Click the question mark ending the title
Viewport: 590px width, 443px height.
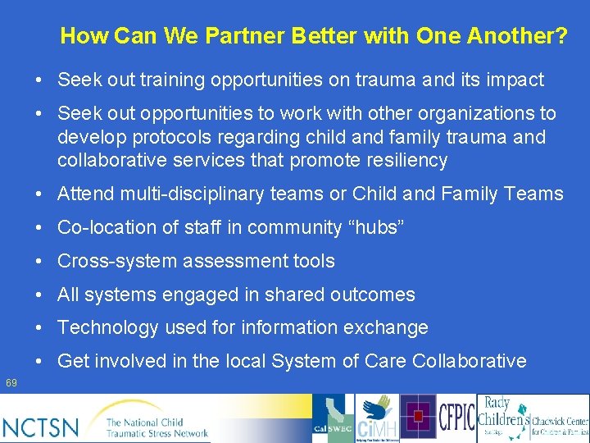pos(560,36)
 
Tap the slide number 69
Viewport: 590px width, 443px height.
pos(11,383)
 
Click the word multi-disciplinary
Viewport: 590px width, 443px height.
pos(205,194)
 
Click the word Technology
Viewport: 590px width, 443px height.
pos(107,328)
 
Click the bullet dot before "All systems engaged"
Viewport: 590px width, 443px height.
pos(39,295)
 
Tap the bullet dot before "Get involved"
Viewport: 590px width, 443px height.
pos(39,362)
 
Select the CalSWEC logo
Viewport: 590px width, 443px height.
pos(333,419)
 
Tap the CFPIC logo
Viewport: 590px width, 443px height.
pos(457,418)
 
